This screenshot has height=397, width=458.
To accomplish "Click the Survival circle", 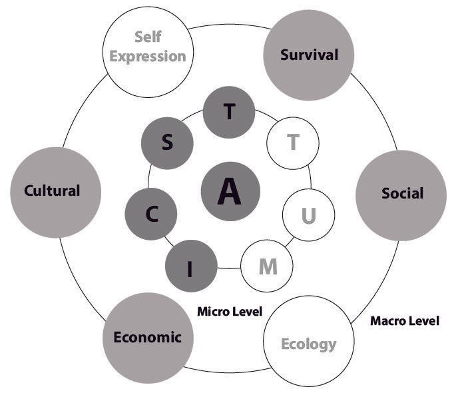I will coord(308,55).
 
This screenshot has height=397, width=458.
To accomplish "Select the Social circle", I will coord(402,194).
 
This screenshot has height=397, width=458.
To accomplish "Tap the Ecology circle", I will coord(308,342).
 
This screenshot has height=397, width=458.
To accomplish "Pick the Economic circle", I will coord(147,337).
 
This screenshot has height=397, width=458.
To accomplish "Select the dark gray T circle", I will coord(229,113).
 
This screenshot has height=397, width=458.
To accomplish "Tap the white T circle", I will coord(292,142).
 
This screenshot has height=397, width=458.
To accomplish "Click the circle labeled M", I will coord(267,266).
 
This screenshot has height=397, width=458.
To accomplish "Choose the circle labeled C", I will coord(151,214).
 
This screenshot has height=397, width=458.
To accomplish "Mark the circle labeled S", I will coord(167,144).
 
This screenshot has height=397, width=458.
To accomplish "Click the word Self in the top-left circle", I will coord(148,37).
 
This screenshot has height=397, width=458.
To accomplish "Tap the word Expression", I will coord(148,55).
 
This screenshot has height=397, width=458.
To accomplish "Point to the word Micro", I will coord(214,311).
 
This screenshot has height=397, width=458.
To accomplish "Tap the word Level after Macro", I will coord(423,321).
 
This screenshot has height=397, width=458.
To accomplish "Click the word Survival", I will coord(308,55).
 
